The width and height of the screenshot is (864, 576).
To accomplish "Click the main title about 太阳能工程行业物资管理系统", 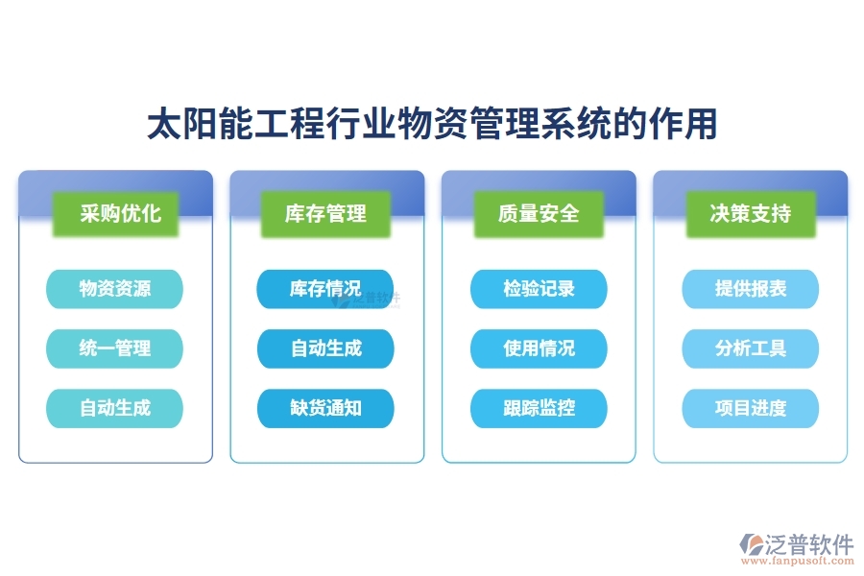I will click(432, 125).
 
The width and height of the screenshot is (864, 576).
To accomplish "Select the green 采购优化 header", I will click(115, 213).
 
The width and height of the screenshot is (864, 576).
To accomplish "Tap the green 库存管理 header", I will click(326, 213).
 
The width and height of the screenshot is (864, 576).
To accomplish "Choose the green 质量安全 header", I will click(539, 213).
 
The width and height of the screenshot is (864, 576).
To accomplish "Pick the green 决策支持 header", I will click(751, 213).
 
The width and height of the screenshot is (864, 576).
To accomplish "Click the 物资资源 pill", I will click(115, 289).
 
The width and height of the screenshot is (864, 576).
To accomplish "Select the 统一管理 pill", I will click(115, 348).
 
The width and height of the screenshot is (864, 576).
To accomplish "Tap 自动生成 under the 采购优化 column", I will click(115, 408).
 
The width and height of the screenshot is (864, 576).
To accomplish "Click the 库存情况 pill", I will click(326, 289).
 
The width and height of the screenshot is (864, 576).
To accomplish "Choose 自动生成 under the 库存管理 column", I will click(326, 348).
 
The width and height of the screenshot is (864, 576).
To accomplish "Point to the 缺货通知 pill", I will click(326, 408).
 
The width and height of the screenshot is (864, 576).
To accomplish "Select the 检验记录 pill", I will click(539, 289).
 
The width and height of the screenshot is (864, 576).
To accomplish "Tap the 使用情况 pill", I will click(539, 348).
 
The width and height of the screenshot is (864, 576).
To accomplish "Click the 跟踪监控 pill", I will click(539, 408).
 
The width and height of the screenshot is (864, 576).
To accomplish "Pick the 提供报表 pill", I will click(751, 289).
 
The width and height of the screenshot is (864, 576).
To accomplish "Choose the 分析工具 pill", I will click(751, 348).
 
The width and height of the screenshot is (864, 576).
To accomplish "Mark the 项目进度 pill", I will click(751, 408).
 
